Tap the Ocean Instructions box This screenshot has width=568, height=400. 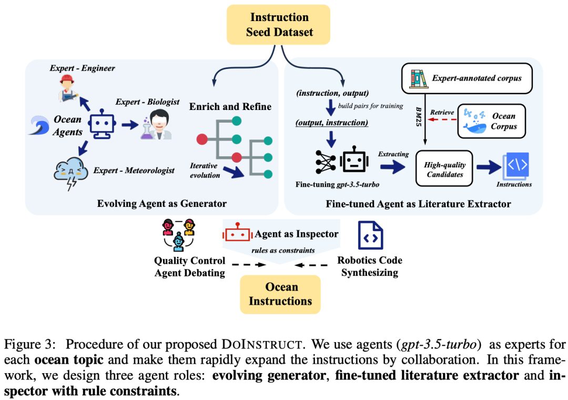[x=280, y=294]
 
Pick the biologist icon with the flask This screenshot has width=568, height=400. [x=156, y=125]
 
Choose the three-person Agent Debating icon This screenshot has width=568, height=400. [x=179, y=234]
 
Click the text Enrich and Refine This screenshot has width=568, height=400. [x=230, y=107]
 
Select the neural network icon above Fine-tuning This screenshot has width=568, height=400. [x=326, y=162]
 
